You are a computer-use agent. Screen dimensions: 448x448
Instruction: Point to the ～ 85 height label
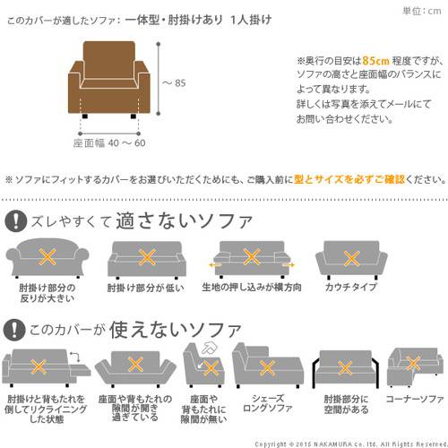(173, 84)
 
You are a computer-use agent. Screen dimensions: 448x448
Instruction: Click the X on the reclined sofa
(38, 366)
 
